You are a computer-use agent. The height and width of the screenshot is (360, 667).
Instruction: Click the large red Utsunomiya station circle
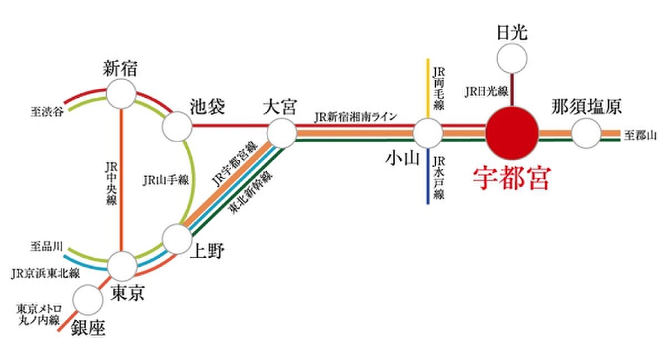click(x=512, y=133)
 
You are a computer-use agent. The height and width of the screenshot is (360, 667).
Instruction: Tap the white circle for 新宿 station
click(x=121, y=94)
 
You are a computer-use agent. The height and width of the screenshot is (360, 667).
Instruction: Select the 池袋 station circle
click(x=177, y=127)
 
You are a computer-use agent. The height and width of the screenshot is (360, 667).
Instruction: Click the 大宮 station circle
click(x=282, y=133)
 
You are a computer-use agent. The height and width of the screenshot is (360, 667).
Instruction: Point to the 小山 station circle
click(x=428, y=133)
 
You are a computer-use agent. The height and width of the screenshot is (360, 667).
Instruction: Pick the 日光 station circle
click(x=512, y=58)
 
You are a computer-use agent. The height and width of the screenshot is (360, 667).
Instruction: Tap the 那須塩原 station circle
click(x=586, y=133)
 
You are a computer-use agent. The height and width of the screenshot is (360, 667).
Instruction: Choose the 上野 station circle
click(x=177, y=239)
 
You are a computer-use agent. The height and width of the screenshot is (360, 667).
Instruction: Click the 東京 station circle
click(x=122, y=266)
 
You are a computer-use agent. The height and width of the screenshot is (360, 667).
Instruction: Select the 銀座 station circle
click(x=88, y=300)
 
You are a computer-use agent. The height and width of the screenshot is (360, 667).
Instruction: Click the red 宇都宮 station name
click(x=512, y=178)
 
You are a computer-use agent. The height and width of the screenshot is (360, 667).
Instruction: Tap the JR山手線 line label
click(x=166, y=181)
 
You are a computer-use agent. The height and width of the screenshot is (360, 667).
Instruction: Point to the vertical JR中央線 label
click(x=111, y=183)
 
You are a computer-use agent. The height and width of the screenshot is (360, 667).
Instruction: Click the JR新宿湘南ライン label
click(x=356, y=117)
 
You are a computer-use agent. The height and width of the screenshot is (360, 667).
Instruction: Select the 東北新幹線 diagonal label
click(x=250, y=192)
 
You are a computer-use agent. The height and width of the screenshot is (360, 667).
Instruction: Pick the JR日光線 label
click(x=486, y=91)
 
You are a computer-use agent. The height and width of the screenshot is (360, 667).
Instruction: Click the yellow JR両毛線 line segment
click(x=428, y=88)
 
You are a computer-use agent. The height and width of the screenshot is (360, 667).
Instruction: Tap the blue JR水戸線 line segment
click(x=428, y=176)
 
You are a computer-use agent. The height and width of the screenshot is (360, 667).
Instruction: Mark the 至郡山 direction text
click(x=640, y=136)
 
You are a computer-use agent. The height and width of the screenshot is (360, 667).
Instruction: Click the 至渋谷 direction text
click(x=47, y=112)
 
